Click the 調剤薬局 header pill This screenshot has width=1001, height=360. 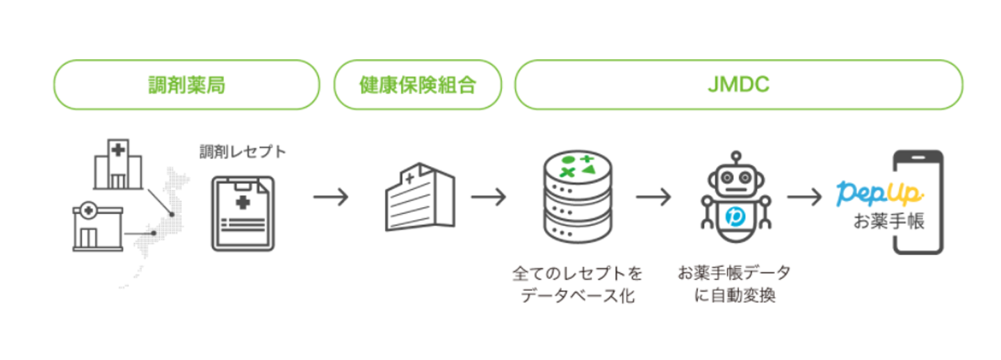(186, 85)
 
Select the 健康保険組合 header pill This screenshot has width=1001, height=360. (417, 85)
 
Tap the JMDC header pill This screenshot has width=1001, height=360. (738, 85)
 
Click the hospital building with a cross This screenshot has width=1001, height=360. (117, 163)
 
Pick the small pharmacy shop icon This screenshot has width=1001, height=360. (97, 227)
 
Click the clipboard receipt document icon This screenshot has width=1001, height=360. (243, 213)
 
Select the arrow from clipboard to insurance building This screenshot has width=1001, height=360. (330, 197)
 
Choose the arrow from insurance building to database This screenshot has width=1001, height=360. (488, 197)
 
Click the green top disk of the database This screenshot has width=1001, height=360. (578, 165)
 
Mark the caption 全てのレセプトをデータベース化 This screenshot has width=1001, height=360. (578, 283)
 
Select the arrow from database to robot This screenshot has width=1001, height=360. (653, 197)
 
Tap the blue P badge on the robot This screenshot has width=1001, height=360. (735, 218)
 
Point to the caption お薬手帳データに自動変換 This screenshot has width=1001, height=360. (735, 283)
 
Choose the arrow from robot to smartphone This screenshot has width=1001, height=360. (804, 197)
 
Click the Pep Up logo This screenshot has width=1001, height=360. (879, 193)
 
